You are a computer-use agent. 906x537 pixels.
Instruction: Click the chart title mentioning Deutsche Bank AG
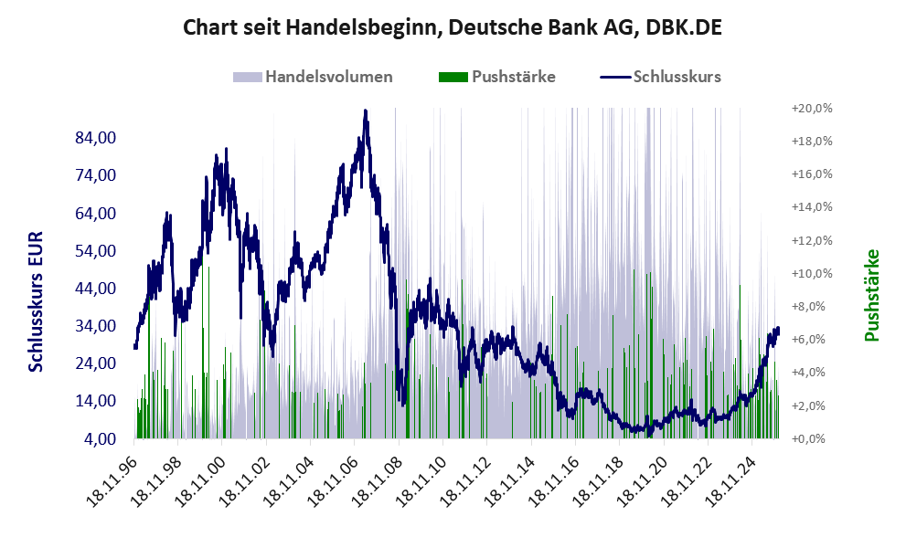(x=453, y=27)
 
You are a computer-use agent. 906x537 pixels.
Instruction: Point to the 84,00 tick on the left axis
(x=94, y=138)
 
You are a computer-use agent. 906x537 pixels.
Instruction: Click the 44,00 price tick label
(x=94, y=289)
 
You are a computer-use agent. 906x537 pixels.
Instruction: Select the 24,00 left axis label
(x=94, y=363)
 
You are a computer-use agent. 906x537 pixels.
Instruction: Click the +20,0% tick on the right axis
(x=812, y=108)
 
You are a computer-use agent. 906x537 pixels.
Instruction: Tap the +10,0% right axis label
(x=812, y=273)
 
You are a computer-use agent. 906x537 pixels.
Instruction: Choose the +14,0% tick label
(x=812, y=207)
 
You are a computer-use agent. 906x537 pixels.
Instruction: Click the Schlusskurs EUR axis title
(x=36, y=301)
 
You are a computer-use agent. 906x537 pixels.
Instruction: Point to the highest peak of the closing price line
(x=365, y=111)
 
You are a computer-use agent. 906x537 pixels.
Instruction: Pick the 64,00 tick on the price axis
(x=94, y=213)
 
